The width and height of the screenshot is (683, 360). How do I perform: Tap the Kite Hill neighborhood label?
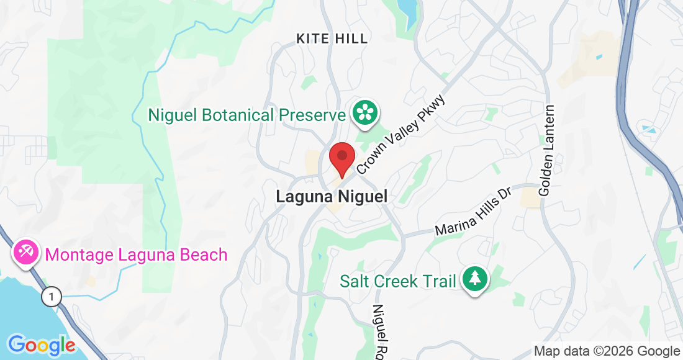coord(332,38)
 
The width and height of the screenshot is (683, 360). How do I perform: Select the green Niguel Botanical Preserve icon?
coord(366,112)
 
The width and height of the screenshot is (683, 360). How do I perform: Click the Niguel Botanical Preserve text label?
coord(247,115)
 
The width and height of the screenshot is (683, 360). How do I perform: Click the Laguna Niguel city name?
coord(332,197)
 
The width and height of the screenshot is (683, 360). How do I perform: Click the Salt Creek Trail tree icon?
coord(475,279)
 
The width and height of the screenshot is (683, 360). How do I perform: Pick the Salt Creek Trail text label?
coord(397,281)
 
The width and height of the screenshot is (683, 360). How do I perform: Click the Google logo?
coord(41,344)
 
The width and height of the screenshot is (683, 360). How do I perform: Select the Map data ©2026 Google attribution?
coord(607,351)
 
